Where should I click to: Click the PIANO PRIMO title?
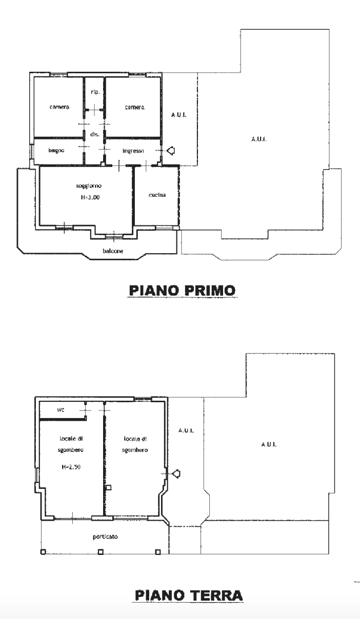[x=182, y=291]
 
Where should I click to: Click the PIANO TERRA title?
[x=188, y=595]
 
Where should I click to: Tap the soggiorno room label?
[x=85, y=187]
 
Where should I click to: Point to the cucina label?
[x=156, y=195]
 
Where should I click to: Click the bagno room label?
[x=56, y=151]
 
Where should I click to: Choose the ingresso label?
[x=133, y=151]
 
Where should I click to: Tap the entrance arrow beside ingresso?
[x=171, y=151]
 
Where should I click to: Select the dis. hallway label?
[x=94, y=134]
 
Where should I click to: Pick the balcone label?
[x=112, y=251]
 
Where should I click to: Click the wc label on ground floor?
[x=60, y=410]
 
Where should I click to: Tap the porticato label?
[x=105, y=537]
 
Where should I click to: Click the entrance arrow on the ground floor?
[x=176, y=473]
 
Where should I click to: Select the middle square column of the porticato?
[x=101, y=552]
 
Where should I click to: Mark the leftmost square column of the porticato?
[x=43, y=552]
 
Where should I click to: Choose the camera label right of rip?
[x=134, y=108]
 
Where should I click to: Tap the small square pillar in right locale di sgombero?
[x=108, y=488]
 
